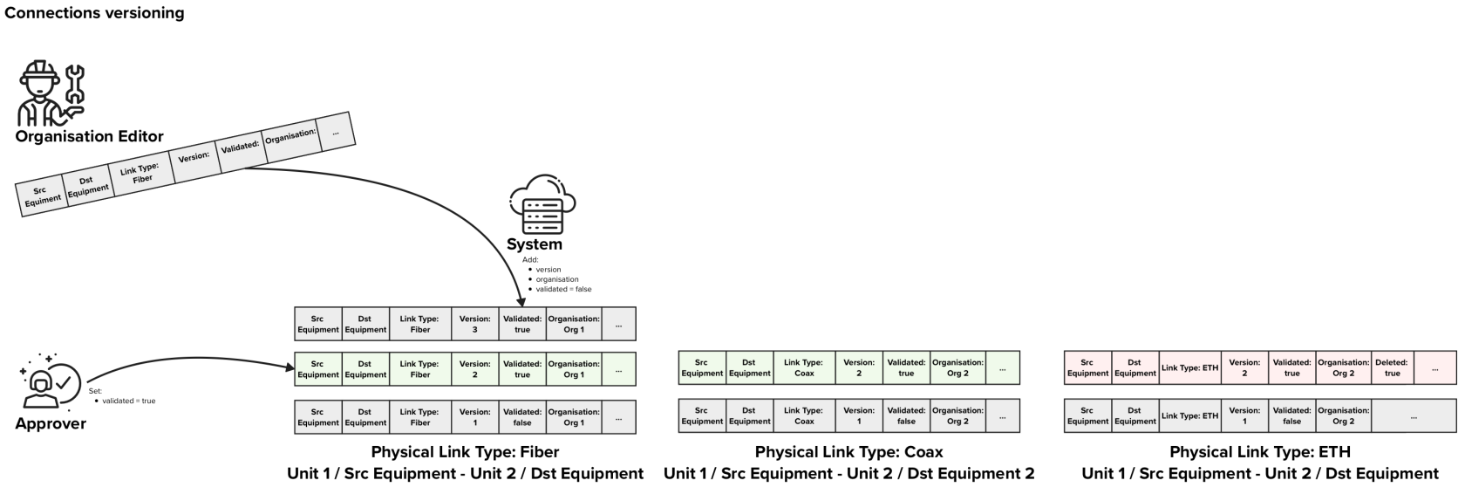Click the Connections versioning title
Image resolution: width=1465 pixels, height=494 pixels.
click(94, 13)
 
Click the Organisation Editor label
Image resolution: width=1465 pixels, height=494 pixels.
click(89, 136)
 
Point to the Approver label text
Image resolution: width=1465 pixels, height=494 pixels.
click(51, 423)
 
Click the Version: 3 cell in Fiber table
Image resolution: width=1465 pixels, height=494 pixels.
click(475, 324)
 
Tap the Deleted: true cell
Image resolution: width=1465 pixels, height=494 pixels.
click(1392, 367)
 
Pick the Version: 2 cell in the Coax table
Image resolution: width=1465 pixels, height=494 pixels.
click(859, 367)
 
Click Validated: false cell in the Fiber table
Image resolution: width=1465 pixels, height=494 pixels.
click(522, 417)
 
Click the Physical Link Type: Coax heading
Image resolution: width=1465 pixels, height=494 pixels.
click(848, 452)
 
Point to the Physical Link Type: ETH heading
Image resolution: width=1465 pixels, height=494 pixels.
click(1259, 452)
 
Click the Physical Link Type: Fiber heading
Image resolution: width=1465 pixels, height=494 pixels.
click(465, 452)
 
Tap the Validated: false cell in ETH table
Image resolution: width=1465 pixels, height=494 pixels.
click(1291, 415)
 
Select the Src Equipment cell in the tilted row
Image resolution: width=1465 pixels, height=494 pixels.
click(41, 195)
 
